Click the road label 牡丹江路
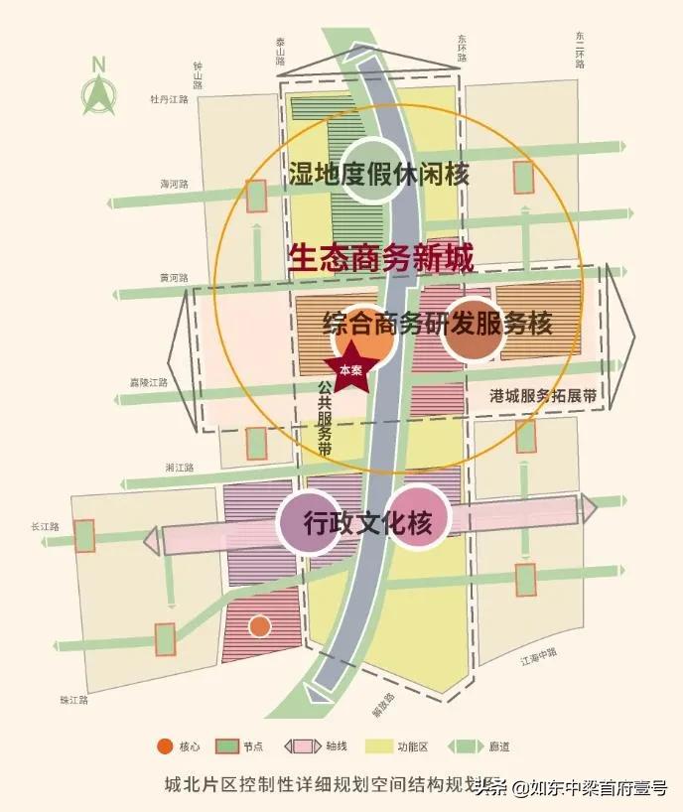pos(168,99)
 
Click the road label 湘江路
pos(179,467)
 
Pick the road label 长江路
pos(47,526)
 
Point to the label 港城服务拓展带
pos(544,394)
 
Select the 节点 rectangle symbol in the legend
pos(225,746)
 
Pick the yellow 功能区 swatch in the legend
pos(380,746)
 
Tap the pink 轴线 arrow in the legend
pos(301,746)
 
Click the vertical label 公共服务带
pos(324,416)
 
